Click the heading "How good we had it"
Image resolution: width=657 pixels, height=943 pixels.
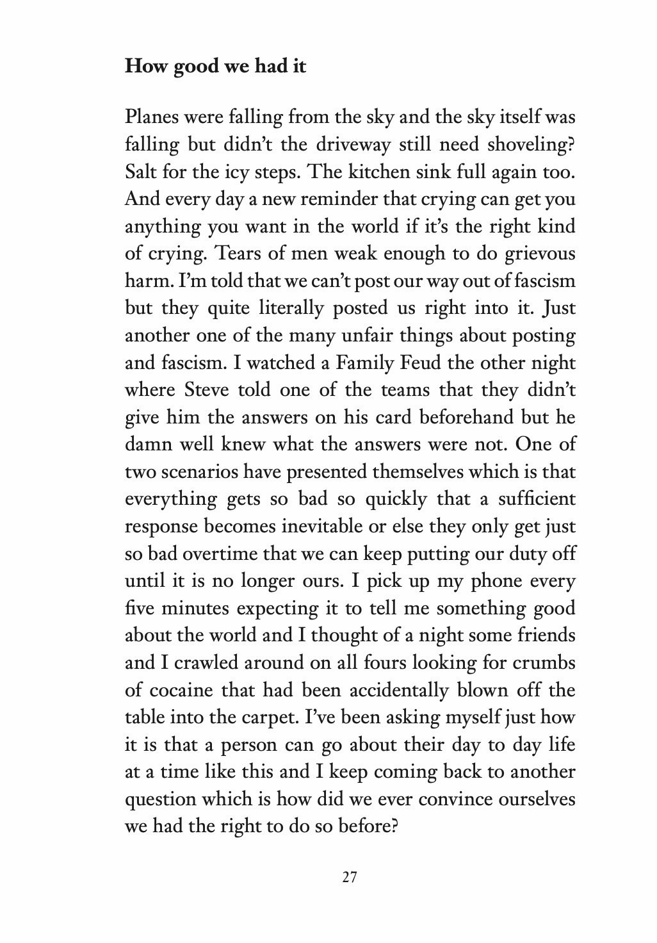[215, 66]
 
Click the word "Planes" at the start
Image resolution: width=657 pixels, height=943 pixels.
[150, 117]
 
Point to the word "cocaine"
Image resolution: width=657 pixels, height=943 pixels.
[181, 690]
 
